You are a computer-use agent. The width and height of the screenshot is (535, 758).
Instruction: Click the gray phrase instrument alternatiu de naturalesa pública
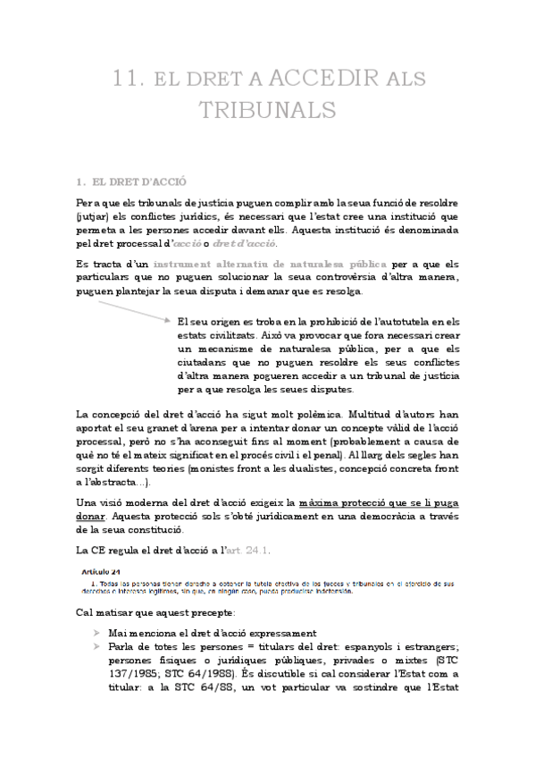pos(270,265)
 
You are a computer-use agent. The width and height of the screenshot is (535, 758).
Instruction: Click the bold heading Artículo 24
pos(97,571)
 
